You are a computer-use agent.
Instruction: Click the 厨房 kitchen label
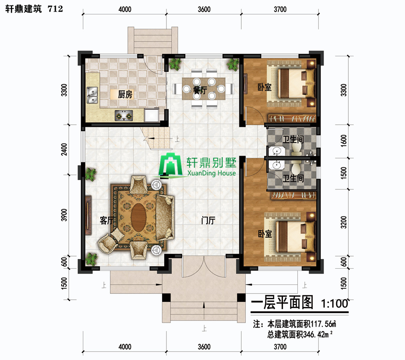(x=125, y=94)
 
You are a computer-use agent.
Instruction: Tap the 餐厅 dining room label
(x=200, y=90)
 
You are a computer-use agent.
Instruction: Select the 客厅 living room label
(x=107, y=220)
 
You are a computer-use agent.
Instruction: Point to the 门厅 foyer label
(x=208, y=220)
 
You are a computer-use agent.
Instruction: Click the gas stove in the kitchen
(x=124, y=116)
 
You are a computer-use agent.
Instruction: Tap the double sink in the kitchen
(x=92, y=95)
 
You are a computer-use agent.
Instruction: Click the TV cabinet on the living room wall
(x=88, y=215)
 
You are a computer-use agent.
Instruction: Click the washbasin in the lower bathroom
(x=276, y=165)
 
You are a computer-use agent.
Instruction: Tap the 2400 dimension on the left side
(x=64, y=149)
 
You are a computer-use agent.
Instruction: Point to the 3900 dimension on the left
(x=64, y=215)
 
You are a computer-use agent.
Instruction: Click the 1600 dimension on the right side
(x=344, y=141)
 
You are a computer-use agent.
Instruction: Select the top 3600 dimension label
(x=204, y=9)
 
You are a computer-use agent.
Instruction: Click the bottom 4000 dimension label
(x=125, y=346)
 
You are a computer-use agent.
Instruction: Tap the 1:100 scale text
(x=334, y=303)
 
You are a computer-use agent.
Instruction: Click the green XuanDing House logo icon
(x=170, y=165)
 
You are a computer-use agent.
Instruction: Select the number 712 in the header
(x=55, y=9)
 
